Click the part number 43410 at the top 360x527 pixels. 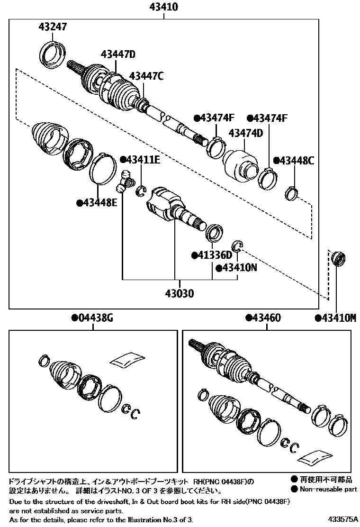(164, 7)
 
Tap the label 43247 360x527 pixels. (53, 27)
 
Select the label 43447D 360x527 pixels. (117, 55)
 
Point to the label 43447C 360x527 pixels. (146, 76)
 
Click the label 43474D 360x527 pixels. (245, 133)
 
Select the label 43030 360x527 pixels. (179, 293)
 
